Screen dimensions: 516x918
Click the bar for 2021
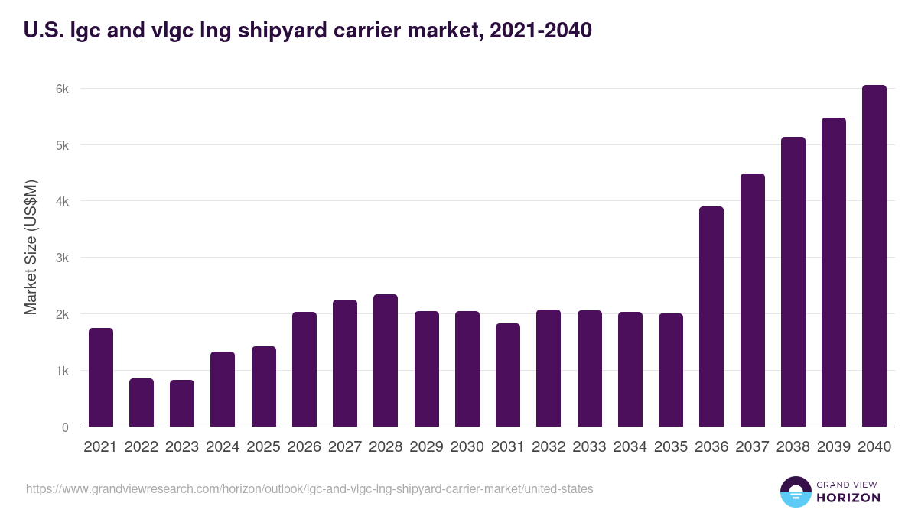tap(101, 378)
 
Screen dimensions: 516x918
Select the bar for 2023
tap(182, 404)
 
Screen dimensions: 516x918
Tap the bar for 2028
tap(386, 361)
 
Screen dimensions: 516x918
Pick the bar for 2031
tap(508, 375)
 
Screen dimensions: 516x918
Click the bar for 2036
tap(711, 316)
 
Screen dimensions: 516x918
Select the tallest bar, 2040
tap(874, 256)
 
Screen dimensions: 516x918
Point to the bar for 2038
tap(793, 282)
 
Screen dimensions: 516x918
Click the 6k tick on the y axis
tap(61, 89)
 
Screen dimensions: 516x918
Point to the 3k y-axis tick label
tap(61, 258)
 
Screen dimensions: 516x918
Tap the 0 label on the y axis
tap(65, 427)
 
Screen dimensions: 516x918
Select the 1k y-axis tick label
tap(61, 371)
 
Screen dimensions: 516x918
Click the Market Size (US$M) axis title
tap(31, 247)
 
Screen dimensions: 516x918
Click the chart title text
tap(308, 31)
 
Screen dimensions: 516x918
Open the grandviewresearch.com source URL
tap(309, 488)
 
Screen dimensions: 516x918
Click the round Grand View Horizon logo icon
tap(795, 492)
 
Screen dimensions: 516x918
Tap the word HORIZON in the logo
tap(848, 498)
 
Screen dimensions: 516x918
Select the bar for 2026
tap(304, 369)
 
